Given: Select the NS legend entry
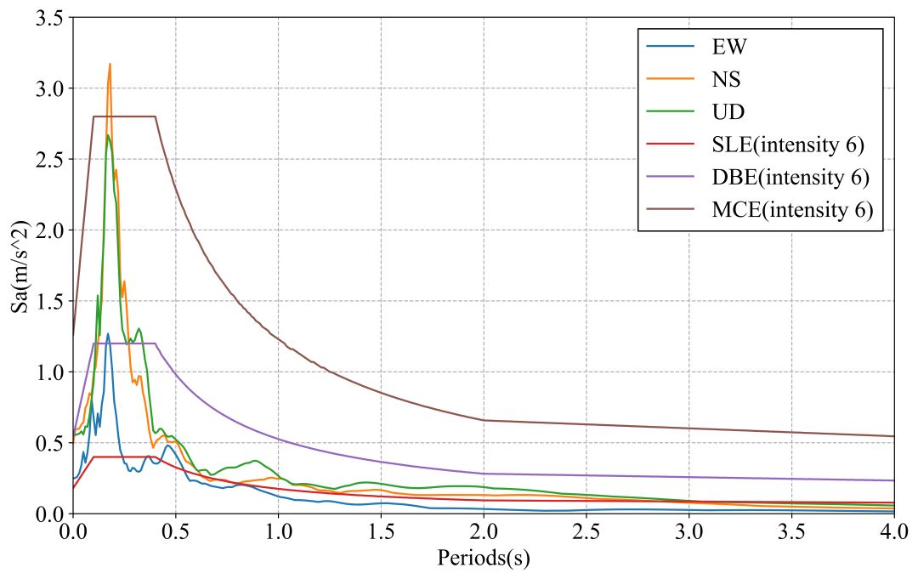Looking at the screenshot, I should [727, 79].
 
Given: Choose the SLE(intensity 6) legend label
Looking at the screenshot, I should [788, 145].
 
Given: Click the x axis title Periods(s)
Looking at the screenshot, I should [484, 559].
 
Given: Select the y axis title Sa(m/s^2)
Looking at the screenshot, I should [20, 265].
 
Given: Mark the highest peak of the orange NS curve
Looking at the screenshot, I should [110, 64].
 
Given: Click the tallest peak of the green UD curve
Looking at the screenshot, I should [107, 135].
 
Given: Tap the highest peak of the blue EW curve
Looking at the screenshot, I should [108, 333].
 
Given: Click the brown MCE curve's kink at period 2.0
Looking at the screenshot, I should [484, 420].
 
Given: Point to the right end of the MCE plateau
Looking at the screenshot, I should [156, 116].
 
